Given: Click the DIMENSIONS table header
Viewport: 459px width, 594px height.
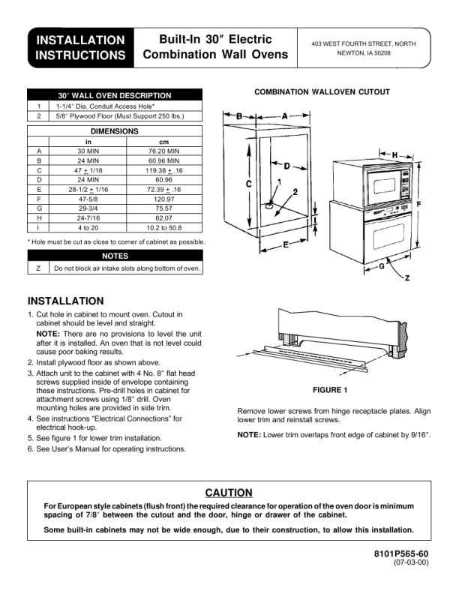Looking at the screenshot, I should click(x=115, y=131).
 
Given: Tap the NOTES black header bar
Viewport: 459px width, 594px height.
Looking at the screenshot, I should click(x=115, y=256).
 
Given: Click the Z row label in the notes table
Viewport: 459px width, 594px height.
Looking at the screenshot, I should click(x=38, y=268).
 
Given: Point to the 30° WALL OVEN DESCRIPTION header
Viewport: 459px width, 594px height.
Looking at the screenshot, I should click(x=115, y=95).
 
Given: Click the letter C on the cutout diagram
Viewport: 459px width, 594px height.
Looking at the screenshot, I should click(x=248, y=184).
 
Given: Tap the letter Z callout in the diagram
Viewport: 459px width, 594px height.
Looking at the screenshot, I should click(x=406, y=278).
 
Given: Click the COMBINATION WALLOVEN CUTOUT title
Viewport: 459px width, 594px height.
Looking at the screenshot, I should click(x=322, y=92).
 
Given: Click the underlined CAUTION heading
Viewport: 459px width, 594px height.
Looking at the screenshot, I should click(x=229, y=493).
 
